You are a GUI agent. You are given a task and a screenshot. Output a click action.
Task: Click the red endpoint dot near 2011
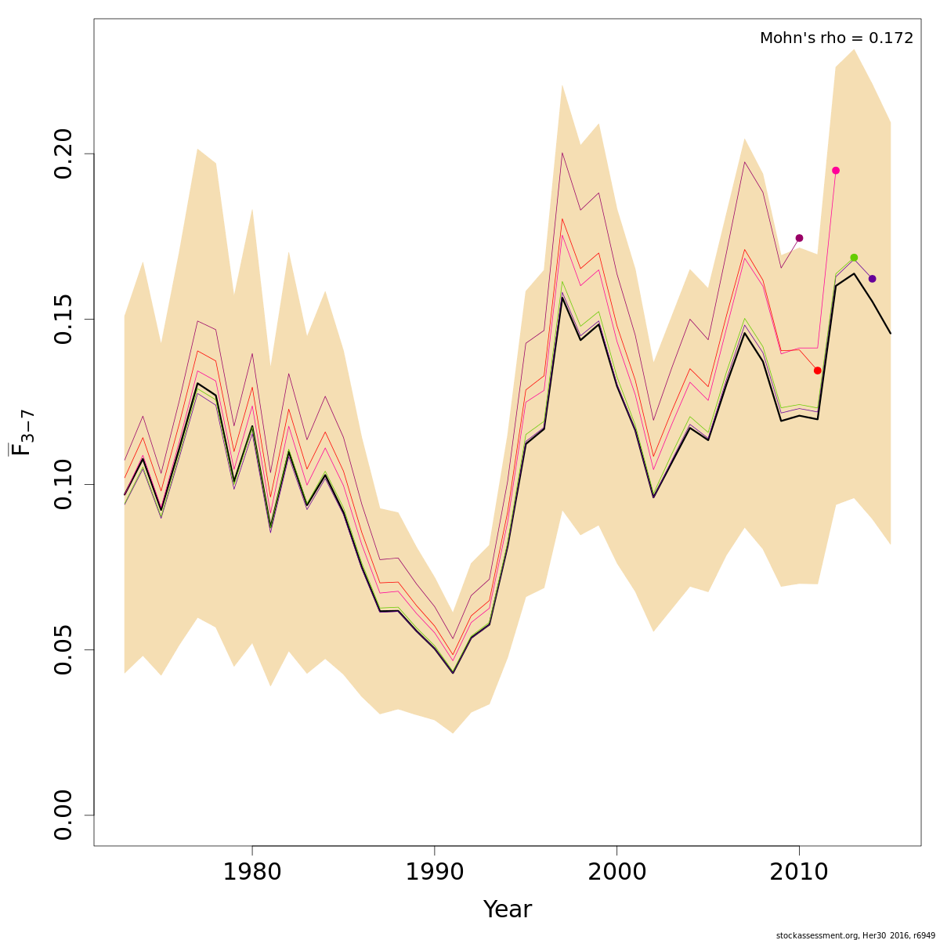(x=817, y=371)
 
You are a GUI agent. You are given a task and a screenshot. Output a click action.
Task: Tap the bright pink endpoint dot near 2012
(x=836, y=171)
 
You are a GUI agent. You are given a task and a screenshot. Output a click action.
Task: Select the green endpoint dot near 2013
(x=854, y=258)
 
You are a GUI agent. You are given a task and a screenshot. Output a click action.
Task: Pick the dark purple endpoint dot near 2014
(x=872, y=279)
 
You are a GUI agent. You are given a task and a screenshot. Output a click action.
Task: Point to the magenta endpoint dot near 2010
(x=799, y=238)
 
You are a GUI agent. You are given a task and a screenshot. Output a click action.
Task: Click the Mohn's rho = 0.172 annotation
(x=836, y=38)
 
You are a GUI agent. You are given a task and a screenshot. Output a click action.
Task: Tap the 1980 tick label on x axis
(x=252, y=873)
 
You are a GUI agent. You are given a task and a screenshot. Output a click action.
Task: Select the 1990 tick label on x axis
(x=435, y=873)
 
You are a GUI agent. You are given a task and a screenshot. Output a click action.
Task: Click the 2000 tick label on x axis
(x=617, y=873)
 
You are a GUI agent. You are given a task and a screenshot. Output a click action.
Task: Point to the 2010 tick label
(x=799, y=873)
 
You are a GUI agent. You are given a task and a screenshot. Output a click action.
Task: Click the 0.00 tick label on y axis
(x=64, y=815)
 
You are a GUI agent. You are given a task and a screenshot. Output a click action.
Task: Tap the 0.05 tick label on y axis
(x=64, y=649)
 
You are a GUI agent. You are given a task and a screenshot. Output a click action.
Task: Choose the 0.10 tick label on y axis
(x=64, y=484)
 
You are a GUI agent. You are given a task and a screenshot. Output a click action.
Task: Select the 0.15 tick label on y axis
(x=64, y=319)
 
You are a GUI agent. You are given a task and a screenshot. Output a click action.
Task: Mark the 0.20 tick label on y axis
(x=64, y=154)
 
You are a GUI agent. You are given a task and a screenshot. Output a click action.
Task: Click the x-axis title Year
(x=507, y=910)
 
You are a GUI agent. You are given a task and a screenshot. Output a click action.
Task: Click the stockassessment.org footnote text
(x=855, y=935)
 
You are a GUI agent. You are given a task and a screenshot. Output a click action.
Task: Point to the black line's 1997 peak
(x=562, y=298)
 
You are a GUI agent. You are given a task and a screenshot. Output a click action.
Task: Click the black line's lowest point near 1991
(x=453, y=673)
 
